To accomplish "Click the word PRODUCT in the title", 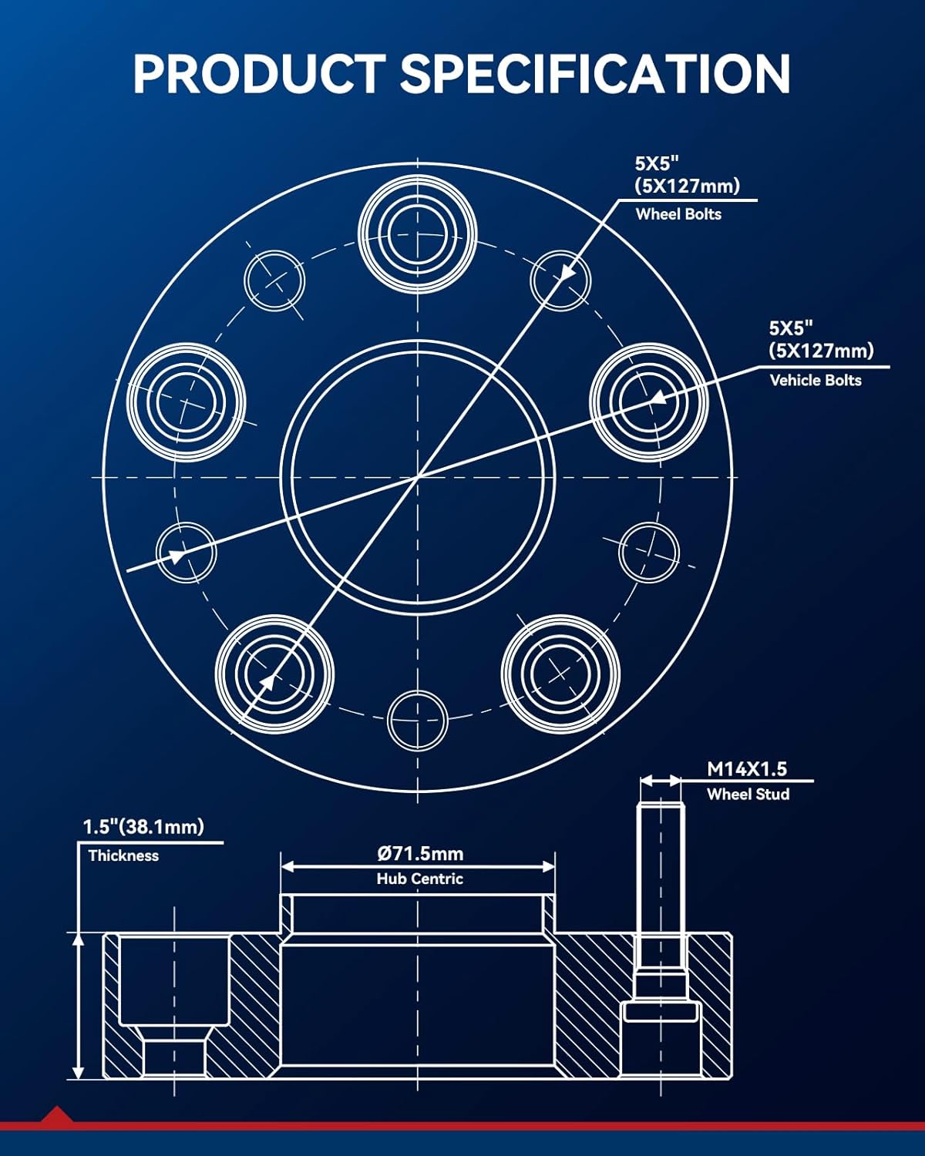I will (257, 74).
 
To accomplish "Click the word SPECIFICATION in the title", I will (594, 74).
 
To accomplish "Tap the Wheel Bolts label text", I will (678, 214).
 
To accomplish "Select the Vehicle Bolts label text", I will (816, 380).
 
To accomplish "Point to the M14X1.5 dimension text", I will (747, 769).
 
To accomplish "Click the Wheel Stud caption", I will (748, 794).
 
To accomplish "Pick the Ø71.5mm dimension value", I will (420, 853).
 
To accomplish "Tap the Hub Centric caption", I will (420, 879).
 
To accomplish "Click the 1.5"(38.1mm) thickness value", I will (143, 827).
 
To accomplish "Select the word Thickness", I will (123, 855).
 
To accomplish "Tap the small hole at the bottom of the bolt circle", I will (417, 721).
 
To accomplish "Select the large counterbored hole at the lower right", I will (560, 673).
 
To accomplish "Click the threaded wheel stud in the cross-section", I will (661, 886).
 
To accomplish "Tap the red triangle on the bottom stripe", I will (56, 1114).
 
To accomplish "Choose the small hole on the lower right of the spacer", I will (649, 552).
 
